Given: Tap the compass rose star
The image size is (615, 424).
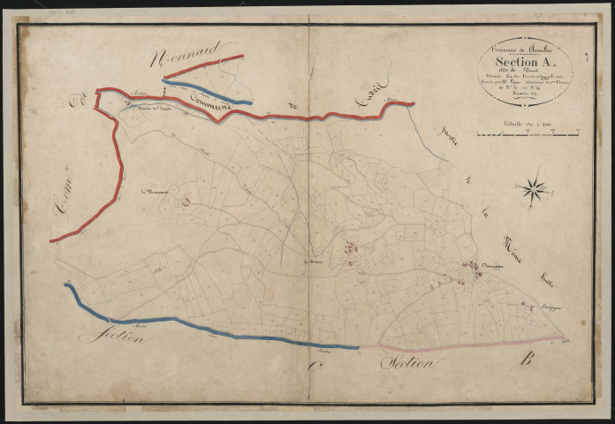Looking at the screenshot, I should (x=535, y=188).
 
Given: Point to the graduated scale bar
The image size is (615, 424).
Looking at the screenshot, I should (x=525, y=134).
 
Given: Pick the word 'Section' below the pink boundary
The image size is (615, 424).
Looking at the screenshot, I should (x=407, y=362).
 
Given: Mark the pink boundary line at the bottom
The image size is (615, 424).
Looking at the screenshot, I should (x=459, y=344).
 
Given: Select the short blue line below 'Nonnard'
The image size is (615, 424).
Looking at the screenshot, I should (x=209, y=93).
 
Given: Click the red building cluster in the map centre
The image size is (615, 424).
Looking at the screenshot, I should (x=350, y=250).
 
